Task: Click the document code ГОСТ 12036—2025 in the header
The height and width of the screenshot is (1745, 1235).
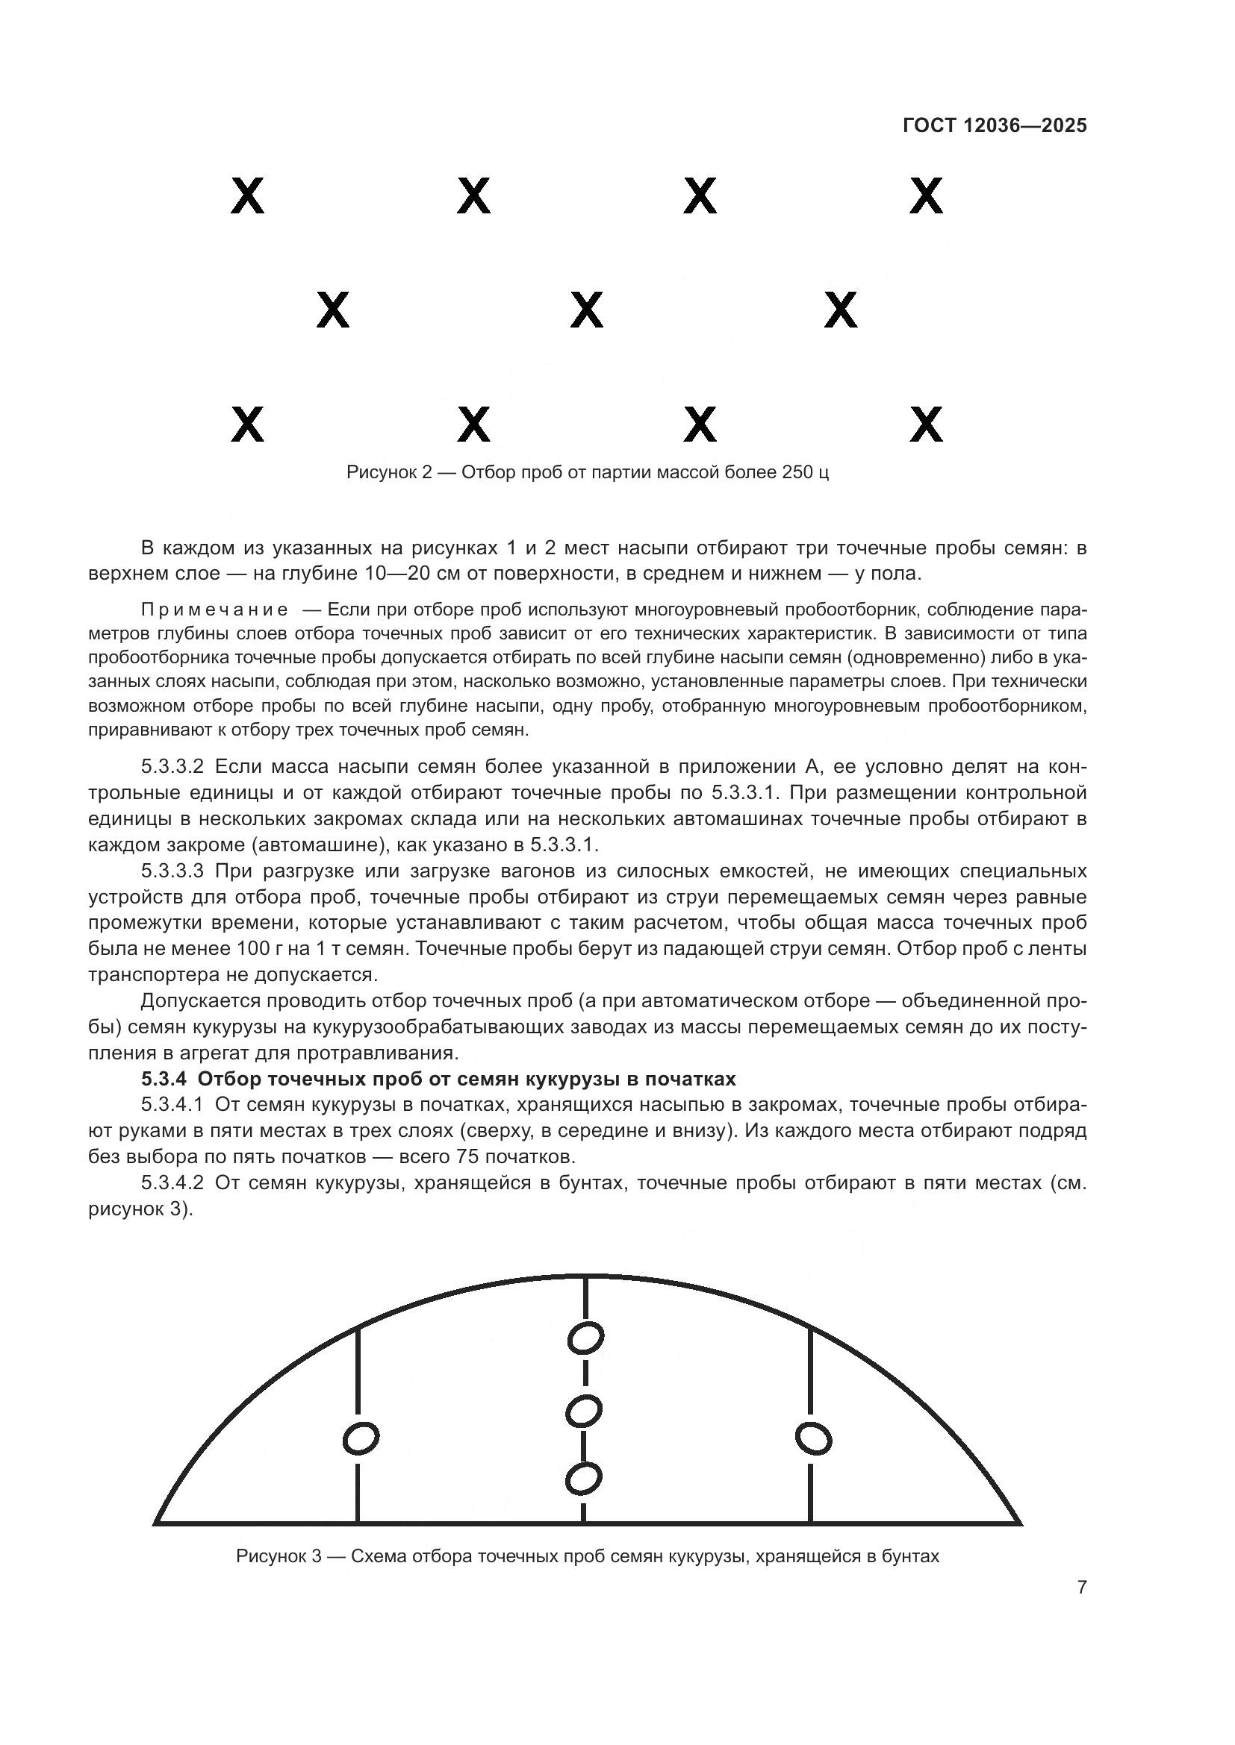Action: pyautogui.click(x=995, y=126)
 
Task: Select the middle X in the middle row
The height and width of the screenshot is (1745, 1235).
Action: pyautogui.click(x=586, y=310)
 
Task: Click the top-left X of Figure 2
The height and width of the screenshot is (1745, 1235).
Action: pyautogui.click(x=247, y=196)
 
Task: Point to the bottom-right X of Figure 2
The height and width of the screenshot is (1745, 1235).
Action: pyautogui.click(x=926, y=424)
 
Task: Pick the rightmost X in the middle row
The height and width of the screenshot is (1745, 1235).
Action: pyautogui.click(x=840, y=310)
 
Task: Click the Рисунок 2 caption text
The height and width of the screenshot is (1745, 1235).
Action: pyautogui.click(x=587, y=473)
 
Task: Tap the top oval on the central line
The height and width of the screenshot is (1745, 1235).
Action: pyautogui.click(x=585, y=1338)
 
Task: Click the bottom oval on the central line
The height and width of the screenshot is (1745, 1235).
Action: pyautogui.click(x=584, y=1479)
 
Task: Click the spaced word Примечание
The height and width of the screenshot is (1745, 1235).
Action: pyautogui.click(x=214, y=610)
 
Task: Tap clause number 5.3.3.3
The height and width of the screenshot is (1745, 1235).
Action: pyautogui.click(x=172, y=870)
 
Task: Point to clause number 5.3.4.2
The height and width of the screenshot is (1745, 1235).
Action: pyautogui.click(x=172, y=1183)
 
